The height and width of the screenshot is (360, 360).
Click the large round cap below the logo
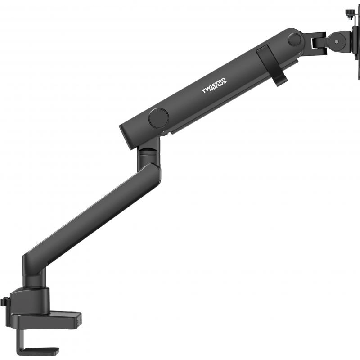point(158,118)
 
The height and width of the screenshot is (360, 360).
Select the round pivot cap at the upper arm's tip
point(295,39)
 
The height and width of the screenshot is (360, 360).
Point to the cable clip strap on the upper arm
point(271,65)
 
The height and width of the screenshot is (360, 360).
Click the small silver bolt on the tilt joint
point(336,42)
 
